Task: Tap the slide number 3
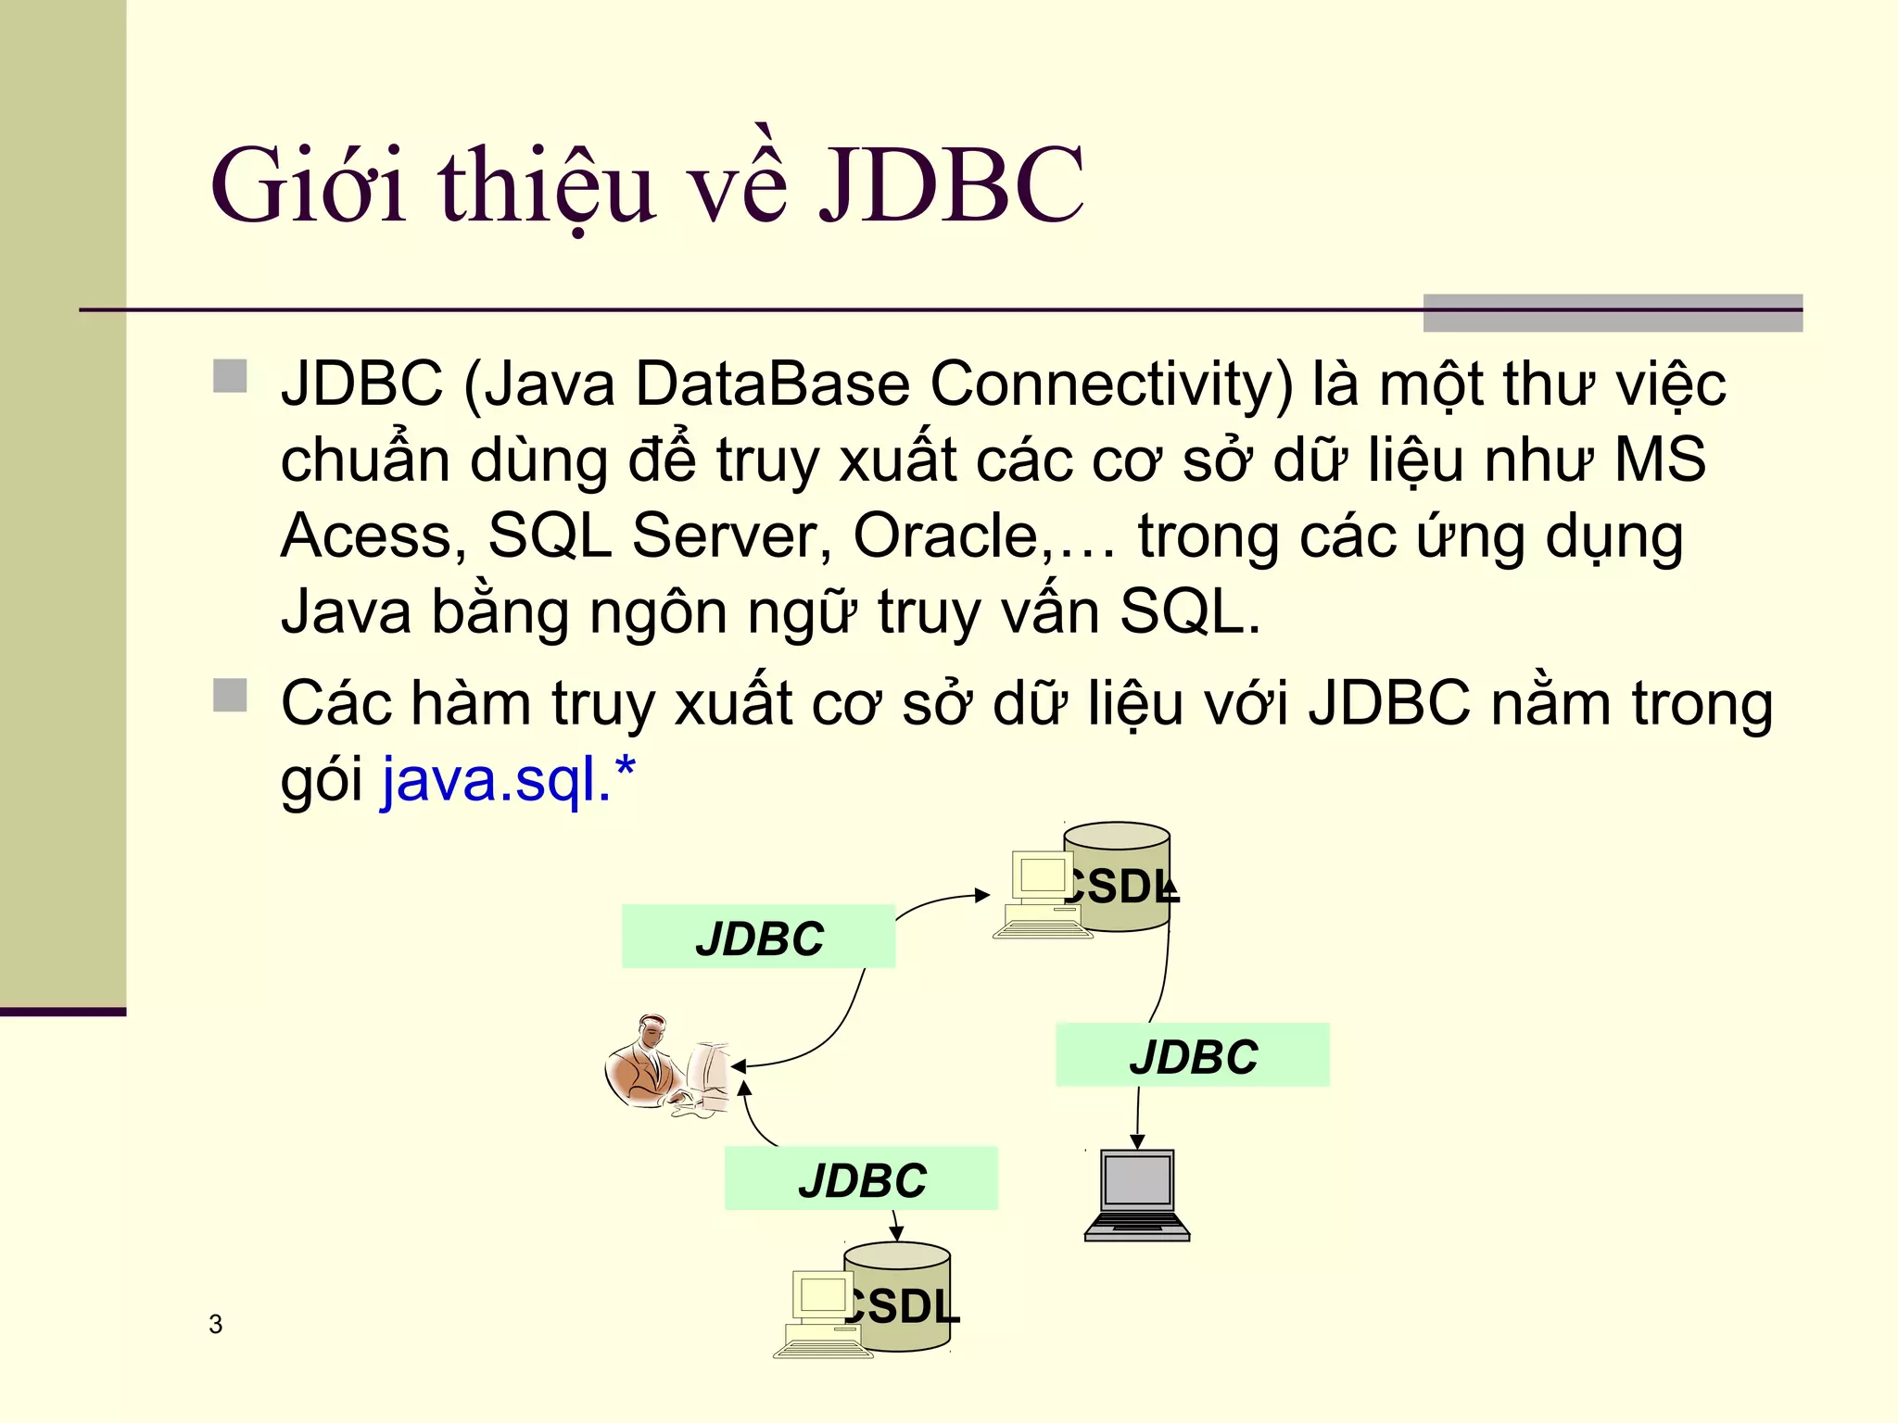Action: [x=216, y=1324]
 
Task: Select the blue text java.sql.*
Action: [x=508, y=780]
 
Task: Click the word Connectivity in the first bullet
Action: [x=1110, y=385]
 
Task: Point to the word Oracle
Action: [x=945, y=535]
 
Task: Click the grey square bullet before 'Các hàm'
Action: [x=230, y=695]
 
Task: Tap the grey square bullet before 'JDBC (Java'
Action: [x=230, y=376]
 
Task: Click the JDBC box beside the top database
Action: [x=758, y=937]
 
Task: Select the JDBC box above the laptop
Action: [x=1192, y=1055]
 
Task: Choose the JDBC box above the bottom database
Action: [x=861, y=1178]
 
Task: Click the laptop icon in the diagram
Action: [x=1137, y=1194]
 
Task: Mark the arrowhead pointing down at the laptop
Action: [x=1137, y=1140]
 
